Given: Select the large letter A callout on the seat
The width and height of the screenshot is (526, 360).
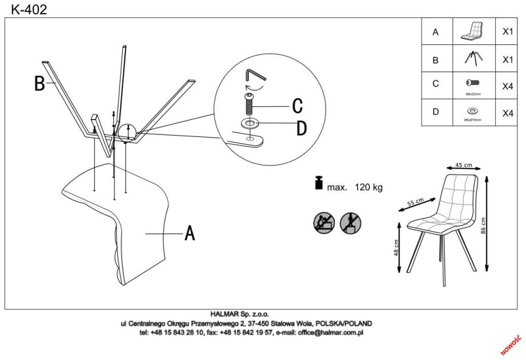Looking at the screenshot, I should click(x=190, y=233).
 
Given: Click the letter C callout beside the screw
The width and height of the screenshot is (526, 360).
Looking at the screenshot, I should click(x=297, y=105).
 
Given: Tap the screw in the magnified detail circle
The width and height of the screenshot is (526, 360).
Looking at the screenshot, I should click(x=250, y=104).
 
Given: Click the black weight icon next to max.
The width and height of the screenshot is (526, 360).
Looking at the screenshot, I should click(x=318, y=183).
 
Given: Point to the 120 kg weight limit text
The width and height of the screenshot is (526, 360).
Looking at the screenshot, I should click(x=369, y=187).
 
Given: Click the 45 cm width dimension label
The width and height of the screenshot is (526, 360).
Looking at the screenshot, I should click(x=464, y=165).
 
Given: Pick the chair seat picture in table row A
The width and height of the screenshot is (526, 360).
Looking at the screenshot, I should click(x=473, y=31).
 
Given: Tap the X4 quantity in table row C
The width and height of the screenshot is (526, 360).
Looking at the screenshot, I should click(x=507, y=86).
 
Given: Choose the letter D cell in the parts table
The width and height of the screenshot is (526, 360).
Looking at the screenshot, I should click(x=436, y=112).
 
